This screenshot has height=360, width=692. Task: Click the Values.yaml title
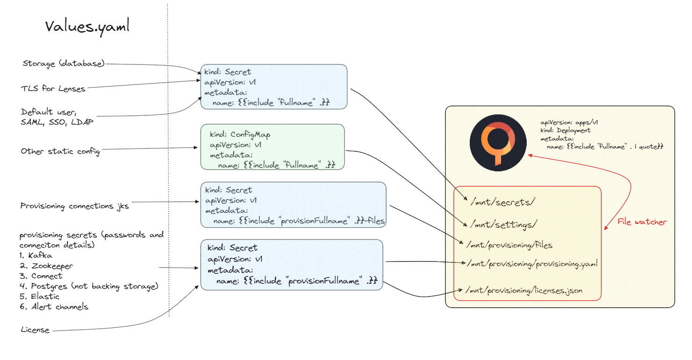pyautogui.click(x=87, y=27)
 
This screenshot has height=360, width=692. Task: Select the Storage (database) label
pyautogui.click(x=64, y=64)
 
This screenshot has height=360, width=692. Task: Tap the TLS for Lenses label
pyautogui.click(x=53, y=89)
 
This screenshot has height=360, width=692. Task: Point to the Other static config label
pyautogui.click(x=61, y=151)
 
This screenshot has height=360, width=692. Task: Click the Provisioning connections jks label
pyautogui.click(x=74, y=206)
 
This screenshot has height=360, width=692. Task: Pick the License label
pyautogui.click(x=35, y=330)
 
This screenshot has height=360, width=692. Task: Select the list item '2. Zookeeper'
pyautogui.click(x=46, y=266)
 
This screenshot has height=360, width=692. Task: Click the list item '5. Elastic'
pyautogui.click(x=39, y=296)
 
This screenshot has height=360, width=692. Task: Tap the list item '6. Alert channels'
pyautogui.click(x=54, y=307)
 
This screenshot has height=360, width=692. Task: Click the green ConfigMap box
pyautogui.click(x=273, y=147)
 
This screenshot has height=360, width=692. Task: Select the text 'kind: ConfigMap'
pyautogui.click(x=240, y=135)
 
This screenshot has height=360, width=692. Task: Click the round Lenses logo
pyautogui.click(x=498, y=143)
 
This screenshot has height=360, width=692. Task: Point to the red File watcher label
pyautogui.click(x=642, y=222)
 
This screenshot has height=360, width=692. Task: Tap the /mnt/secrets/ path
pyautogui.click(x=502, y=202)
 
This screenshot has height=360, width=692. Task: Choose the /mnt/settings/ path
pyautogui.click(x=503, y=225)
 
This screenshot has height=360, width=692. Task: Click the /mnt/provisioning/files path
pyautogui.click(x=509, y=245)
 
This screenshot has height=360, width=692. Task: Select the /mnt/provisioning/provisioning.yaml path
pyautogui.click(x=532, y=264)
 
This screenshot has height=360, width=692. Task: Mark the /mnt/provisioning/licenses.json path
pyautogui.click(x=524, y=291)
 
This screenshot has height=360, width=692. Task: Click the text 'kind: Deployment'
pyautogui.click(x=565, y=130)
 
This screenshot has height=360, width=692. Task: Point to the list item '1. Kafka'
pyautogui.click(x=35, y=255)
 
